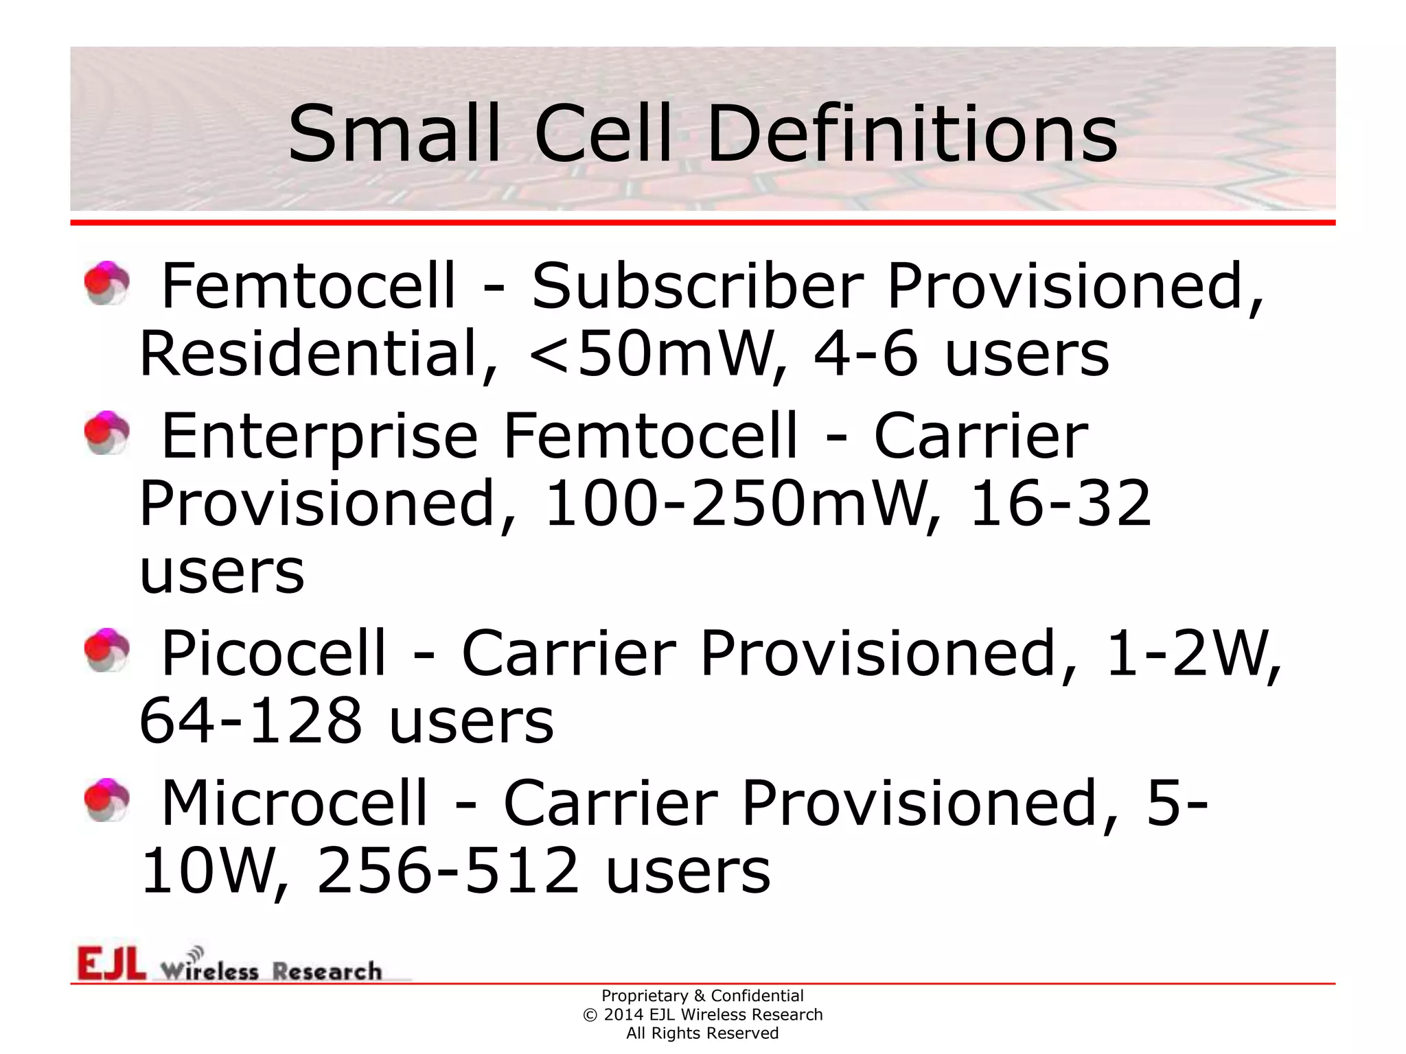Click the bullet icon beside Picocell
pos(106,650)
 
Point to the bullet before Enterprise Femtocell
pos(106,432)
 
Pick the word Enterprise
pos(319,436)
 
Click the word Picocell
pos(273,653)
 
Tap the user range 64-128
pos(251,721)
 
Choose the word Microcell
pos(294,804)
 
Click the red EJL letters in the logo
pos(111,963)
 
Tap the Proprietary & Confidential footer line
pos(702,996)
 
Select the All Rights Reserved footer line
pos(702,1033)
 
